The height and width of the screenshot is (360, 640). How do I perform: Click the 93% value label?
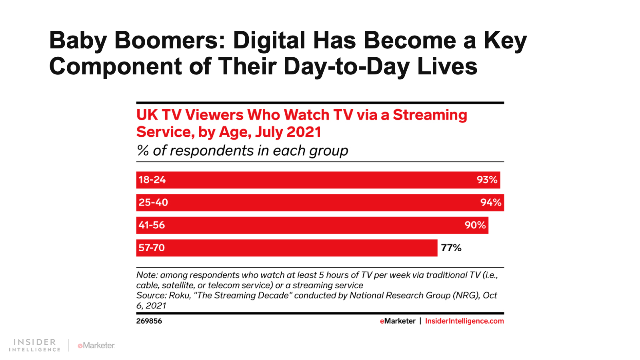(x=487, y=180)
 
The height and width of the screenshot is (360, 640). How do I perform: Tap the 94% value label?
(x=491, y=202)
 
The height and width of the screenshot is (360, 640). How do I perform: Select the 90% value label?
(x=475, y=225)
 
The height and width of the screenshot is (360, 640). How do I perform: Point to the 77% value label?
(x=451, y=248)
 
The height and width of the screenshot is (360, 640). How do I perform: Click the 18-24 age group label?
(x=152, y=180)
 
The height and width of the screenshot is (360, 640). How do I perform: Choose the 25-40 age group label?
(x=153, y=202)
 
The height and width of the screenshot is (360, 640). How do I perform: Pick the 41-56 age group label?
(x=152, y=225)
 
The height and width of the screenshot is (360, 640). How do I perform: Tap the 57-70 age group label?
(x=152, y=248)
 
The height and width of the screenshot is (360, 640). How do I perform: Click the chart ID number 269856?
(x=149, y=321)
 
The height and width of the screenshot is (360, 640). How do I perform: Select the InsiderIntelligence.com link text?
(x=464, y=321)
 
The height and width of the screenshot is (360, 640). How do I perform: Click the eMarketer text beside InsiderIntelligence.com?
(x=398, y=321)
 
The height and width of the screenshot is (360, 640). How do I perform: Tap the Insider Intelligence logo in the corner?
(x=35, y=345)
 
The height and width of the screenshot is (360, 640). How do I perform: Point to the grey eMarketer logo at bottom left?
(x=96, y=346)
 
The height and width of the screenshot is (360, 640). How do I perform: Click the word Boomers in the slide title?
(x=170, y=41)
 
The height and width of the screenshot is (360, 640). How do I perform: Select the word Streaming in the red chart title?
(x=430, y=115)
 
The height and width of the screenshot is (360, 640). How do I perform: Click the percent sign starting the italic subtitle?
(x=143, y=151)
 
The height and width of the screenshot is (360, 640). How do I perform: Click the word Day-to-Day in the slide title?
(x=346, y=66)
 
